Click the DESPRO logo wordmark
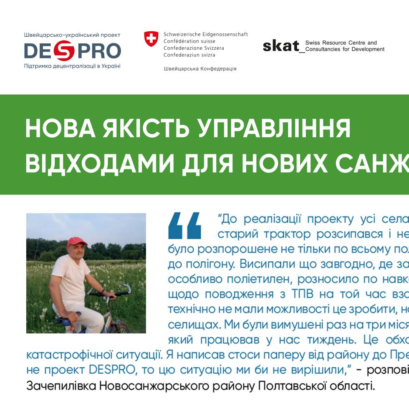tap(72, 51)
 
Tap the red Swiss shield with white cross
tap(151, 38)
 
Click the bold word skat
tap(281, 45)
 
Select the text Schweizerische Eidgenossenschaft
tap(205, 34)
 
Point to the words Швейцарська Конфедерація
tap(200, 68)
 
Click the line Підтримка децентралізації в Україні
tap(72, 66)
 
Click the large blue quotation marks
tap(185, 225)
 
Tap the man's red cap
tap(77, 242)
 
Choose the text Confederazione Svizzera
tap(194, 48)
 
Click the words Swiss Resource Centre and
tap(341, 43)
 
